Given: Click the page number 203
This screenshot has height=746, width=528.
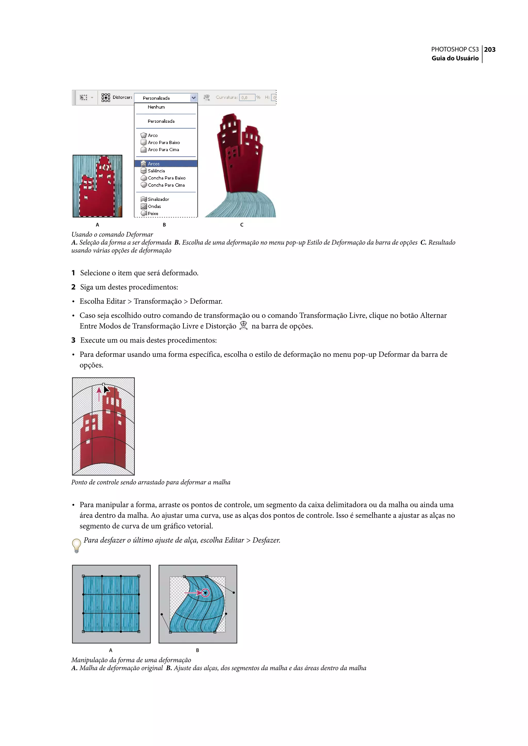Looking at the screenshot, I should [490, 50].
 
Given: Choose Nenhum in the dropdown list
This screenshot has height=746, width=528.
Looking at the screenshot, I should [156, 107].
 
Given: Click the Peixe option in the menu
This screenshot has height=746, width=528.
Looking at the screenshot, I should [153, 213].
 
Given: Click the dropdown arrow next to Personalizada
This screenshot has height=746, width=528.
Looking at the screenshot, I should [193, 97].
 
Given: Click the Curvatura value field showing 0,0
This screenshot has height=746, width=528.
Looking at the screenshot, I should [247, 97].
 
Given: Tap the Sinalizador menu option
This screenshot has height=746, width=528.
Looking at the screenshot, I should [158, 199].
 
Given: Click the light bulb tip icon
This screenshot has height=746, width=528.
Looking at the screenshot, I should [76, 545].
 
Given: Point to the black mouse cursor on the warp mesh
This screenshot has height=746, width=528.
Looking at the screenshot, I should [106, 389].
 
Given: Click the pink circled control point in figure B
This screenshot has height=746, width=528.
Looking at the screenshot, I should [205, 593].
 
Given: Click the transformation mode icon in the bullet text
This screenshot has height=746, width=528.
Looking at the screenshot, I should [244, 325].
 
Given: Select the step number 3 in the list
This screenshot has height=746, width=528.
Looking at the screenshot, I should [73, 340].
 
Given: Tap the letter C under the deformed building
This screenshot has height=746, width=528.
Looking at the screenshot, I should [242, 225].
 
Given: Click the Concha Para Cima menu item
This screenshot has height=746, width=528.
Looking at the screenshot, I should [166, 185].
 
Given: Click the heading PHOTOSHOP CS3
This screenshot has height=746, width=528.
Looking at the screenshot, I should [455, 50].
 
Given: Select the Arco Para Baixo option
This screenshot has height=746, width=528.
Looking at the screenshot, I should [163, 142].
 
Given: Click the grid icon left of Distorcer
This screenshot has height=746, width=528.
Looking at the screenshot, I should [106, 97].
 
